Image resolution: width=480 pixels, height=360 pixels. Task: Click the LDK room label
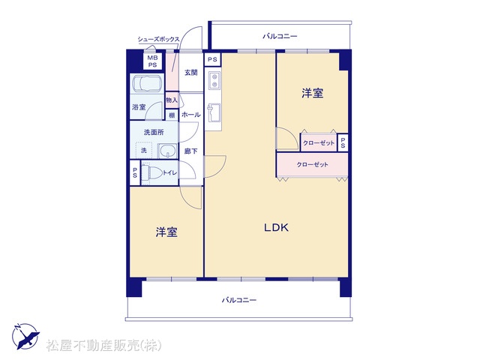pos(276,227)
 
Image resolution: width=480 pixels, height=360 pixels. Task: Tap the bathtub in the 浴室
pos(146,83)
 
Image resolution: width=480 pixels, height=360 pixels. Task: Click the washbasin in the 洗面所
pos(167,151)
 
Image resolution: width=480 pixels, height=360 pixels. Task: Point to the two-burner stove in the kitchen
pos(214,80)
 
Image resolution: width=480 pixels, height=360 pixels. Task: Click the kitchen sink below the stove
pos(213,112)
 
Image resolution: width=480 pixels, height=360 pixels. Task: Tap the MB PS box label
pos(152,61)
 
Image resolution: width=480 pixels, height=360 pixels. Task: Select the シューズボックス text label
pos(158,39)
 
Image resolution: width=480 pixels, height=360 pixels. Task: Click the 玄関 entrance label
pos(190,73)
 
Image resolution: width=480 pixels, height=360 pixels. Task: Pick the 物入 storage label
pos(172,100)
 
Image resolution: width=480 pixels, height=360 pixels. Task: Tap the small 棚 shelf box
pos(172,115)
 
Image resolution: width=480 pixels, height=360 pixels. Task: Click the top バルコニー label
pos(280,37)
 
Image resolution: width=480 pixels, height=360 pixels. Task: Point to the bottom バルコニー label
pos(239,300)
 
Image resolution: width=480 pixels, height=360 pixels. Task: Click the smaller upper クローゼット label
pos(319,143)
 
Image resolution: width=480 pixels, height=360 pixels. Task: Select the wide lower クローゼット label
pos(312,165)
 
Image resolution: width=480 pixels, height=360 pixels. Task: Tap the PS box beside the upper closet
pos(343,142)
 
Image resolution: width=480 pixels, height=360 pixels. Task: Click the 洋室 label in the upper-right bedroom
pos(313,93)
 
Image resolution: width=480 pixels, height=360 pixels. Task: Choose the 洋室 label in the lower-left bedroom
pos(166,232)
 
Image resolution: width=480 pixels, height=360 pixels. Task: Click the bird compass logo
pos(25,336)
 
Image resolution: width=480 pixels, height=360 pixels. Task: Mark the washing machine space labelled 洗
pos(144,151)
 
